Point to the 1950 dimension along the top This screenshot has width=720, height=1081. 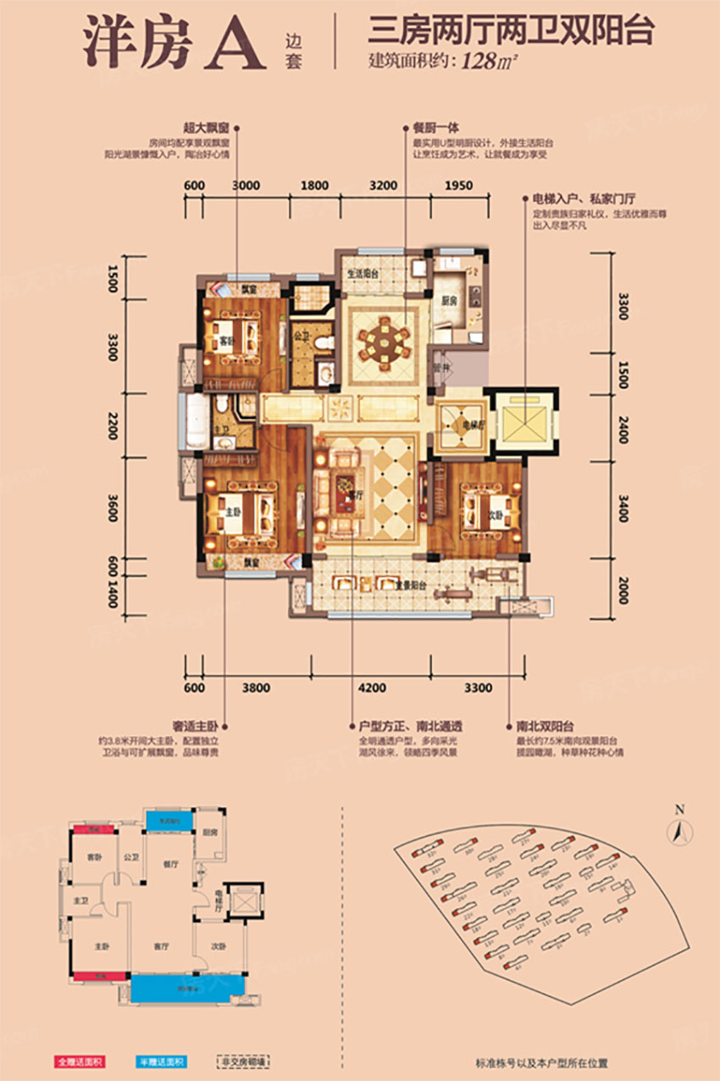coord(458,185)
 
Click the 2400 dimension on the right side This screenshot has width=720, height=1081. coord(623,421)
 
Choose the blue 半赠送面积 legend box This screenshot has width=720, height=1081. coord(162,1061)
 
